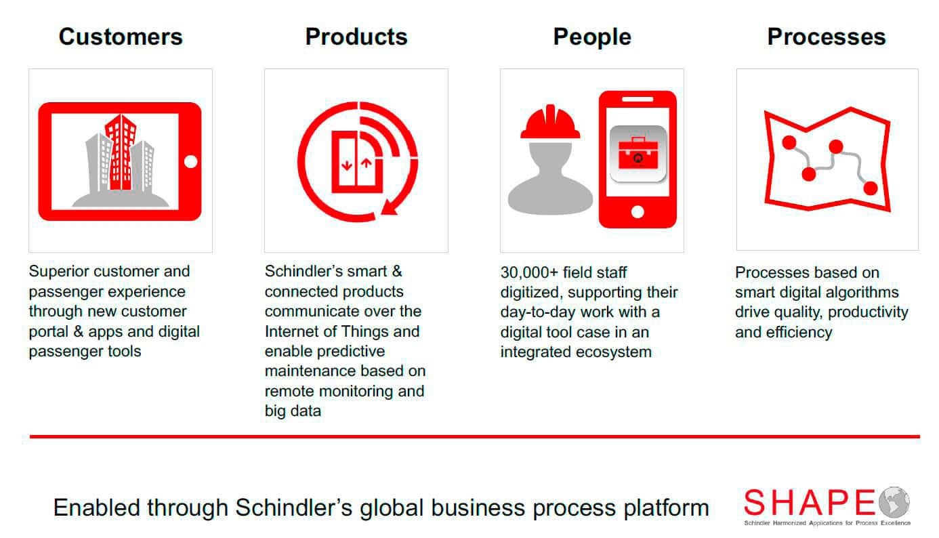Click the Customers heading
click(121, 37)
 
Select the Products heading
click(356, 37)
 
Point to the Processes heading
click(827, 37)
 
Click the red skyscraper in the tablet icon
click(121, 152)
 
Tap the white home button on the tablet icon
click(191, 161)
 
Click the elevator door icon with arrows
click(356, 162)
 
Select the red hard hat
click(550, 122)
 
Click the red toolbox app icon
click(638, 154)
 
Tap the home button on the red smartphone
click(638, 212)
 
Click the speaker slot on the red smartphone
click(638, 100)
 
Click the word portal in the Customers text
click(48, 332)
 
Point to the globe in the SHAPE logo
click(894, 502)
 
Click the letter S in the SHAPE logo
click(755, 502)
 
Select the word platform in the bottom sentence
click(667, 508)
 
